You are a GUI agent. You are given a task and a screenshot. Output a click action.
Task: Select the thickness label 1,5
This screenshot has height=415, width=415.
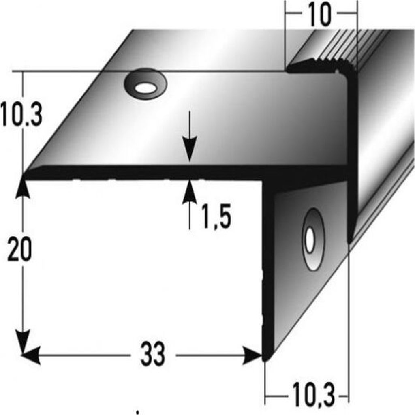(x=216, y=216)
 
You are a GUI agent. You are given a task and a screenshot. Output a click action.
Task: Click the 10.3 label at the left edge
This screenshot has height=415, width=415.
(x=21, y=114)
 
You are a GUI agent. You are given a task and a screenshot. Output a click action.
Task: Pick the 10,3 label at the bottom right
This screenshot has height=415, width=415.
(x=314, y=396)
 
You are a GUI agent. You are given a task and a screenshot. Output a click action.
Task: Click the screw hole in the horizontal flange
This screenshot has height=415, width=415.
(x=145, y=84)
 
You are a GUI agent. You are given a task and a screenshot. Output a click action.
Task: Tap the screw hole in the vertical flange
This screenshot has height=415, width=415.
(x=313, y=239)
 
